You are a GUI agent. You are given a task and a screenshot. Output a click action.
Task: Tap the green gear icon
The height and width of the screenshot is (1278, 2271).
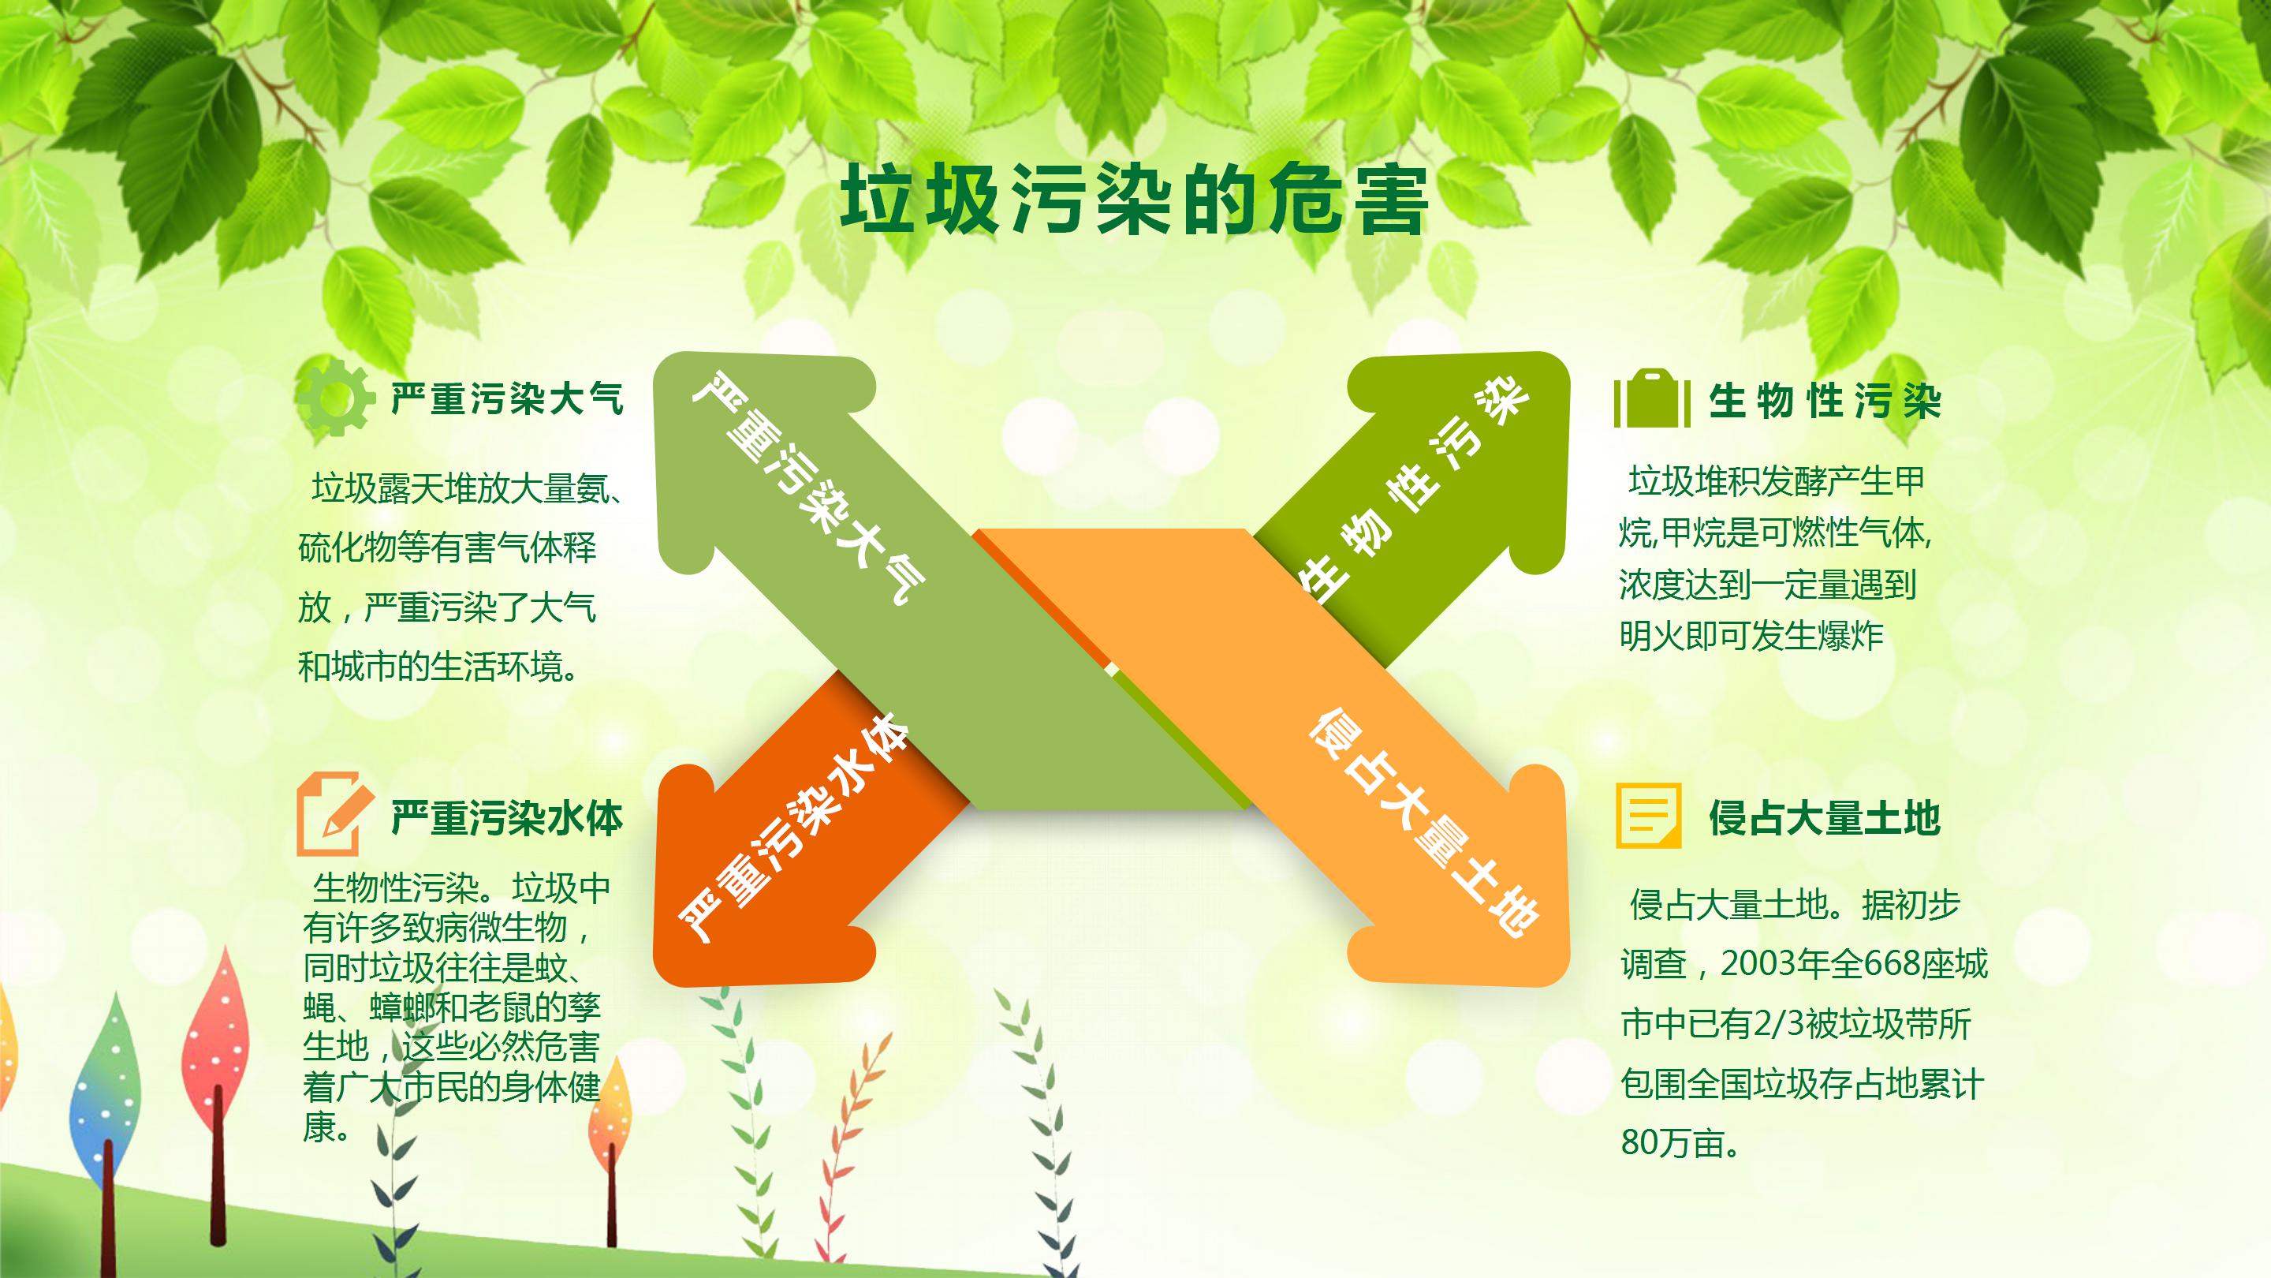334,398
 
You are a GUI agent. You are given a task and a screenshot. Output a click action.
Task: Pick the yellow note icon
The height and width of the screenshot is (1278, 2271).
1648,815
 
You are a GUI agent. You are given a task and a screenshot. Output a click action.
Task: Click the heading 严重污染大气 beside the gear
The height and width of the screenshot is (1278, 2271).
507,398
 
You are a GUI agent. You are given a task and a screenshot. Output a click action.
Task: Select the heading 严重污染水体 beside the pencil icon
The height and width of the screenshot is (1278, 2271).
507,819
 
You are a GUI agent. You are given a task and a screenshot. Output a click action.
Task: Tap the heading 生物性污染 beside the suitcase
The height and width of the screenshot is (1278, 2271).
1824,402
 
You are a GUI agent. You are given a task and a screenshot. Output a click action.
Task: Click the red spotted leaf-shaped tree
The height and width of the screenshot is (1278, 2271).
216,1041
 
